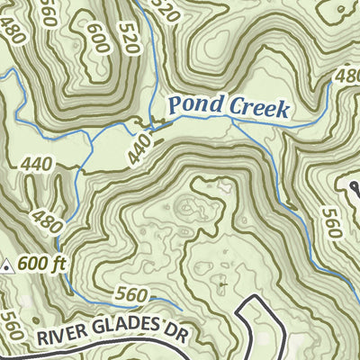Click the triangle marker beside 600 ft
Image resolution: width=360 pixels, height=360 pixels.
point(8,265)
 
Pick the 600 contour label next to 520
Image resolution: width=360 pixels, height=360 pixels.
point(97,38)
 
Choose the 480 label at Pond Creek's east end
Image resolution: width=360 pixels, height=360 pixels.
point(346,76)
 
